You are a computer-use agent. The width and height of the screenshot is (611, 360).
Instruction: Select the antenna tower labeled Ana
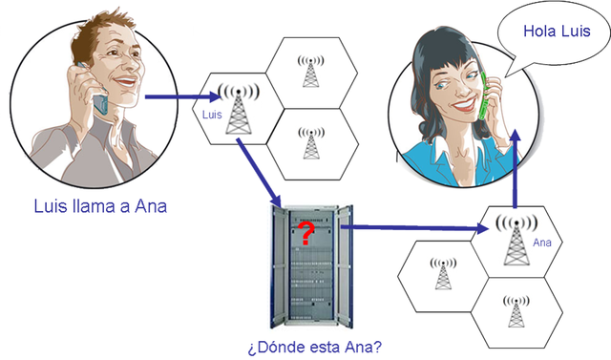pos(514,240)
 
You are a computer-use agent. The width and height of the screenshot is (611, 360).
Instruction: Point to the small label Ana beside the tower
pos(542,243)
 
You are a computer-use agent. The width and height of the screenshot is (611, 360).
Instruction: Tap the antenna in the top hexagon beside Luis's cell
pos(310,71)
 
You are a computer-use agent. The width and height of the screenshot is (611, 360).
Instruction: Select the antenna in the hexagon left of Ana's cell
pos(443,274)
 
